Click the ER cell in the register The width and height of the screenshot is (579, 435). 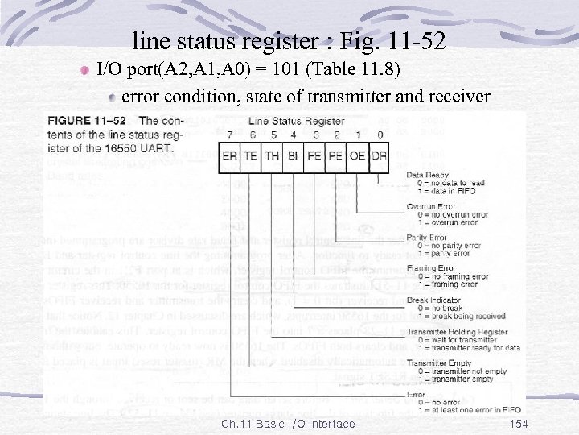(x=230, y=155)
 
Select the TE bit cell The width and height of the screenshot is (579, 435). (x=251, y=155)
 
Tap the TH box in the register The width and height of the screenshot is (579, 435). (x=273, y=155)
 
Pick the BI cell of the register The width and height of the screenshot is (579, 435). (x=294, y=155)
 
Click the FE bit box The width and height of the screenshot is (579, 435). (x=315, y=155)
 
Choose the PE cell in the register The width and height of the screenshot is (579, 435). (x=336, y=155)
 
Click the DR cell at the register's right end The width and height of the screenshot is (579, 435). (x=379, y=155)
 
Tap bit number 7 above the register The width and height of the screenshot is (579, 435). (x=230, y=135)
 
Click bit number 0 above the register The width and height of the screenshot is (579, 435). (x=380, y=135)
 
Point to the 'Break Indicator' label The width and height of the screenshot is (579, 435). (x=435, y=300)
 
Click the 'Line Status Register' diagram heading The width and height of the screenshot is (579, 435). (x=297, y=122)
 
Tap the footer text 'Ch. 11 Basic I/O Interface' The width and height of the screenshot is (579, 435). (x=289, y=424)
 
